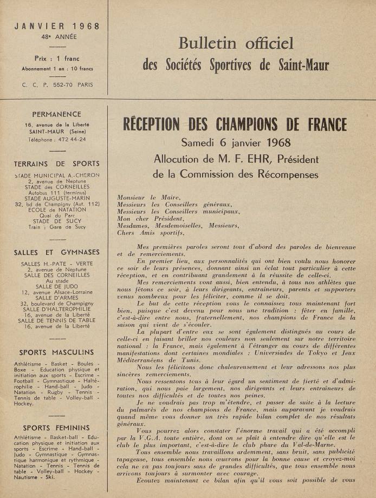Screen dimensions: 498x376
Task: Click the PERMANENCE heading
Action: (57, 115)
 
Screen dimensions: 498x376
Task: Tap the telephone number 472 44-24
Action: (71, 139)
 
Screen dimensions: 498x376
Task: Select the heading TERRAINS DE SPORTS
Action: (57, 163)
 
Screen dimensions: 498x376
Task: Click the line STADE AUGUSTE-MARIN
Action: (57, 198)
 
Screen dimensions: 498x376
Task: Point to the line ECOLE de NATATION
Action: (57, 209)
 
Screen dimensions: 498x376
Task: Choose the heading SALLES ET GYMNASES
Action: (57, 252)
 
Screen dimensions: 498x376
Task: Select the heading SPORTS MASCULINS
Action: (57, 352)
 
